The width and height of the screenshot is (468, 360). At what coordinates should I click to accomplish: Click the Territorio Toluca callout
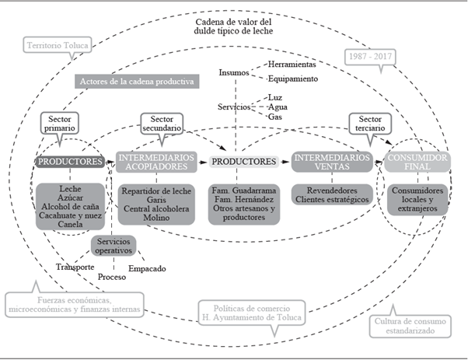coord(58,46)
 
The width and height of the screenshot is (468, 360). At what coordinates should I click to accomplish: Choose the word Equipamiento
coord(293,79)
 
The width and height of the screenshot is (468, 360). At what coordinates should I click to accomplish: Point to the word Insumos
coord(234,72)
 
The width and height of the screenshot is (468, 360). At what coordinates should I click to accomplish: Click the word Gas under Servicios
coord(274,117)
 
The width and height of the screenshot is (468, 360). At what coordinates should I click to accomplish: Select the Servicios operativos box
coord(114,246)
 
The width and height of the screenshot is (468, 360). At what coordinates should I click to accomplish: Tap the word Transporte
coord(75,267)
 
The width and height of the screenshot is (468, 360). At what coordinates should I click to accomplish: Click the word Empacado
coord(147,269)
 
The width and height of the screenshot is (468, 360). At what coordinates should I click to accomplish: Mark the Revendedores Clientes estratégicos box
coord(331,194)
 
